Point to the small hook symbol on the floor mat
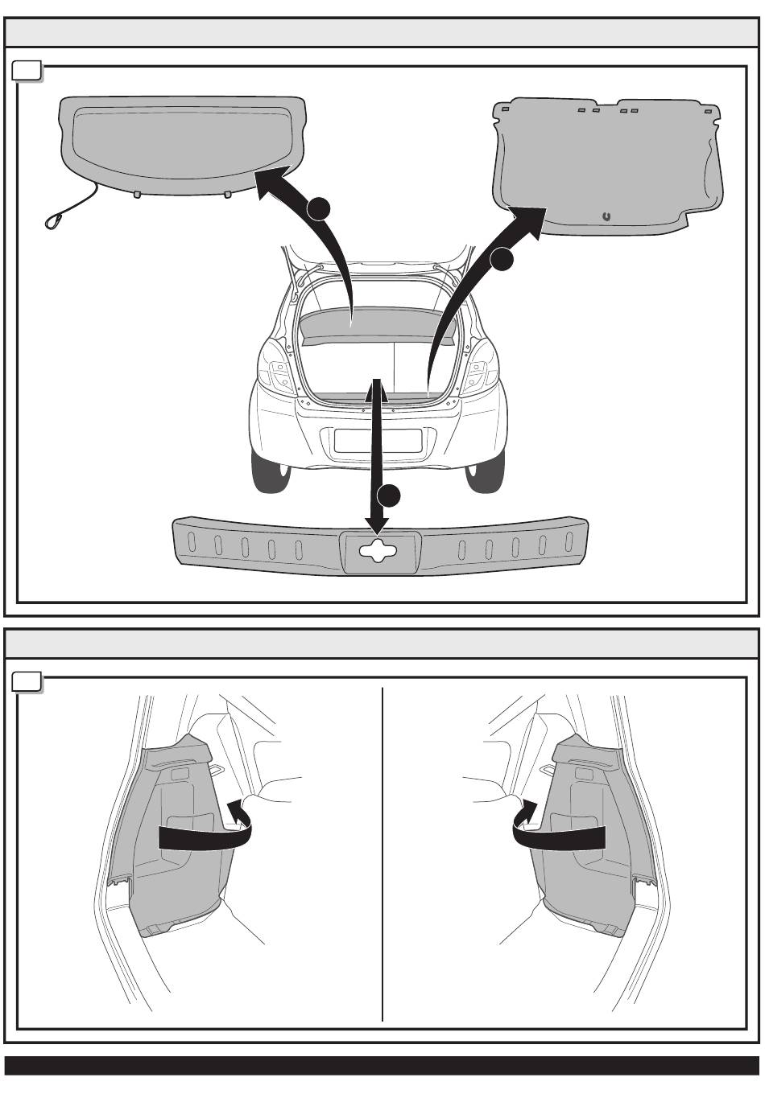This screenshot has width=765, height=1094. tap(606, 216)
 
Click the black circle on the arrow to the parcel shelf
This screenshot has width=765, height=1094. tap(317, 208)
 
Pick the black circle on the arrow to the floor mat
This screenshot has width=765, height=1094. tap(502, 259)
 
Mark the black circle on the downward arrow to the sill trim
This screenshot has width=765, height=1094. tap(390, 496)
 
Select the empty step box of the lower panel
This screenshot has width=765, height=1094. tap(28, 683)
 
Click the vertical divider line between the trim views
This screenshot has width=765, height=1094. tap(382, 853)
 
